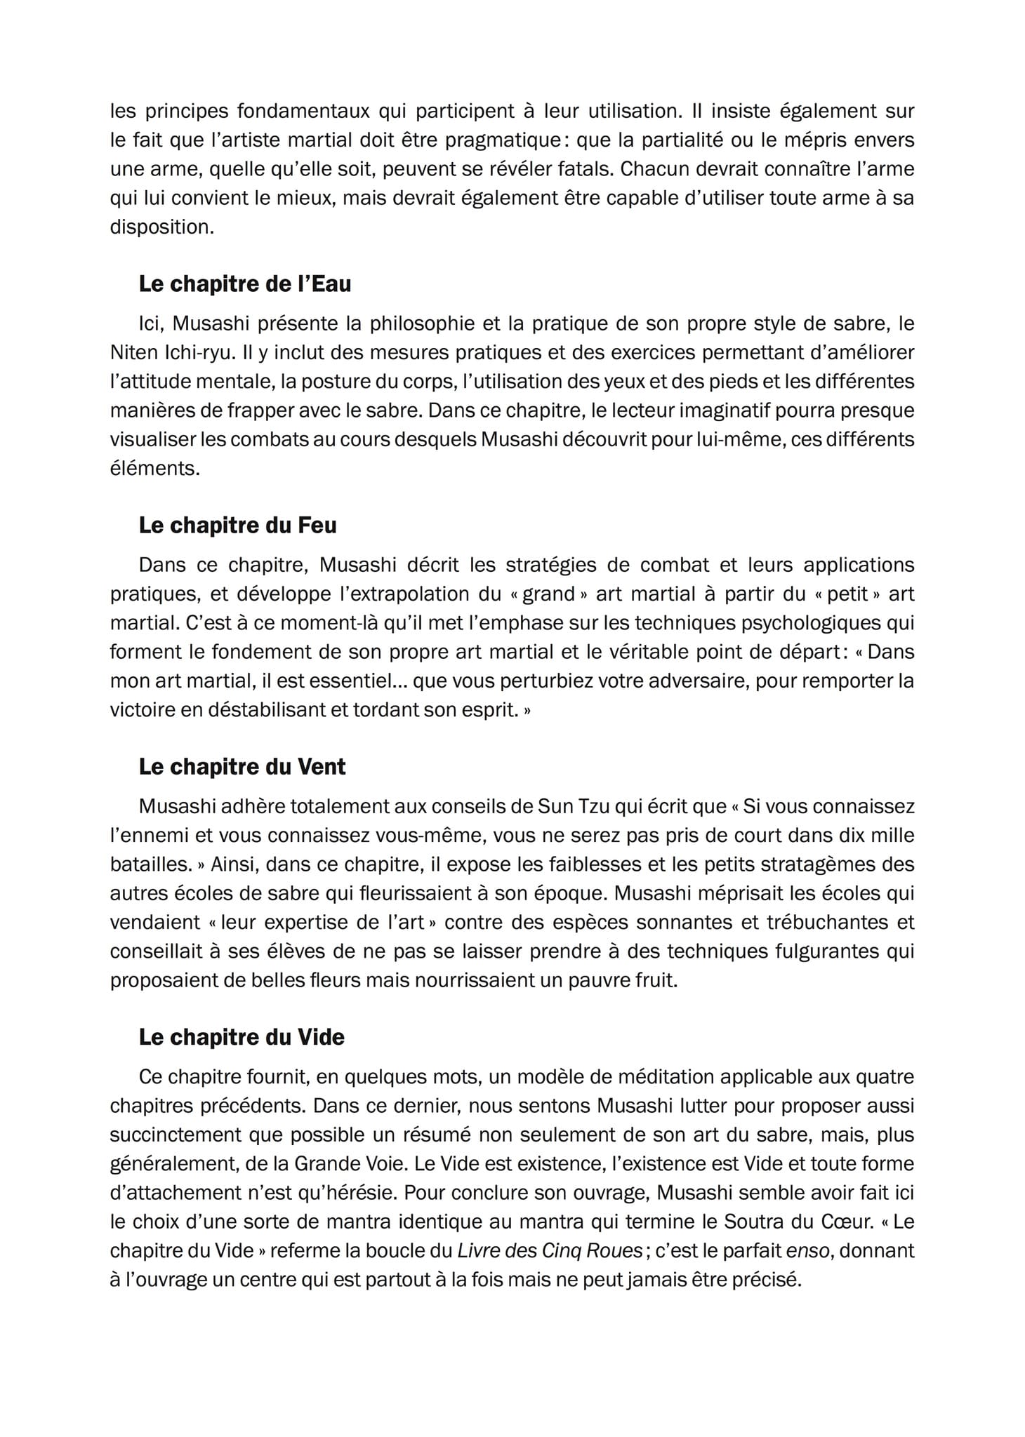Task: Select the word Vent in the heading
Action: [x=322, y=766]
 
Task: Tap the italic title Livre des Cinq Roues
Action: [x=550, y=1250]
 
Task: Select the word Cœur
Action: [x=846, y=1222]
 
